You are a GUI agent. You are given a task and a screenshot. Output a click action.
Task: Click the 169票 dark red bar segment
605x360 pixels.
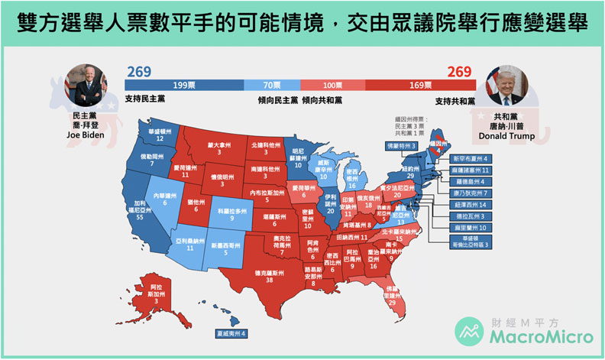pyautogui.click(x=421, y=83)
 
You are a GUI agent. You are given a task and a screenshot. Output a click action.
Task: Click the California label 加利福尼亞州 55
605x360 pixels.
pyautogui.click(x=139, y=212)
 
